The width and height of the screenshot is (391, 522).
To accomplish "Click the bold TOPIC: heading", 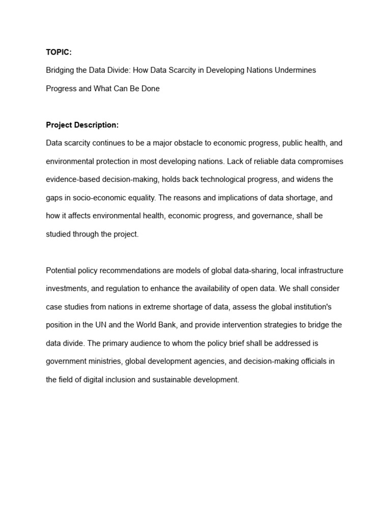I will coord(59,52).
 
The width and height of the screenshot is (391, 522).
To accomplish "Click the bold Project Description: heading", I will coord(82,125).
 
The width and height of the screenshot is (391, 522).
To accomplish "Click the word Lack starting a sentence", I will coord(235,162).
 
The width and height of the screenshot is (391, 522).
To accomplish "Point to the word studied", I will coord(60,234).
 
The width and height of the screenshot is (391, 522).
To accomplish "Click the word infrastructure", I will coord(320,271).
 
